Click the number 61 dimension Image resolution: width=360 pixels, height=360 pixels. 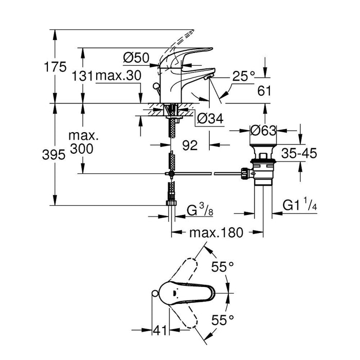pos(264,91)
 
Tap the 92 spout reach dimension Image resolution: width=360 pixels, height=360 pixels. pos(190,146)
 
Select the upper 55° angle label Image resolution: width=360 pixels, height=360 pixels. pos(223,266)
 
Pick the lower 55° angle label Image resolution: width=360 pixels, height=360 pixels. pos(222,319)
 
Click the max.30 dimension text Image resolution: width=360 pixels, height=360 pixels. pos(118,76)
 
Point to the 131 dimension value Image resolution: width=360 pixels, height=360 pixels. pos(83,76)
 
